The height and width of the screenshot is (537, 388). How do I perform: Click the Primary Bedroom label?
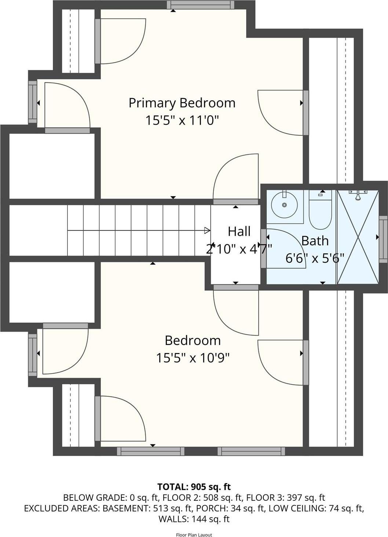(182, 103)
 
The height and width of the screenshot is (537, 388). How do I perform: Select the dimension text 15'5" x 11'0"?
(182, 120)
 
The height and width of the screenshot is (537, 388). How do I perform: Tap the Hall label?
(239, 232)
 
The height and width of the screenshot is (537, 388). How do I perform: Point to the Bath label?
(315, 241)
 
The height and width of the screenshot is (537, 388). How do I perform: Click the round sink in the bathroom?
(284, 205)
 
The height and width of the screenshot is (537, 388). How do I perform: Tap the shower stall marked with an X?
(358, 237)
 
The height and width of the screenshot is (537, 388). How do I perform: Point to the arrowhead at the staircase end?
(207, 231)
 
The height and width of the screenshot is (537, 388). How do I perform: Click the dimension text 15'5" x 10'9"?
(193, 358)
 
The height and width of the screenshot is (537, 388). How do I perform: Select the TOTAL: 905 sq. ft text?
(194, 487)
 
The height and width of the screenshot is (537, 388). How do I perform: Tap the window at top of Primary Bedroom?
(201, 5)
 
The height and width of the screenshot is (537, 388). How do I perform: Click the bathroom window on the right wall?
(383, 239)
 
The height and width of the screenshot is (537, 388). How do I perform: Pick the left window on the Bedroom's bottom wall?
(150, 451)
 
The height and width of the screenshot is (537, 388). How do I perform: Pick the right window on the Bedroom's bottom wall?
(251, 451)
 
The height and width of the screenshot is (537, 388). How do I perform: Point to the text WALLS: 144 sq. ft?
(194, 519)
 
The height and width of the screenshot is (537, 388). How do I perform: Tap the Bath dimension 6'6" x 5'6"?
(315, 258)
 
